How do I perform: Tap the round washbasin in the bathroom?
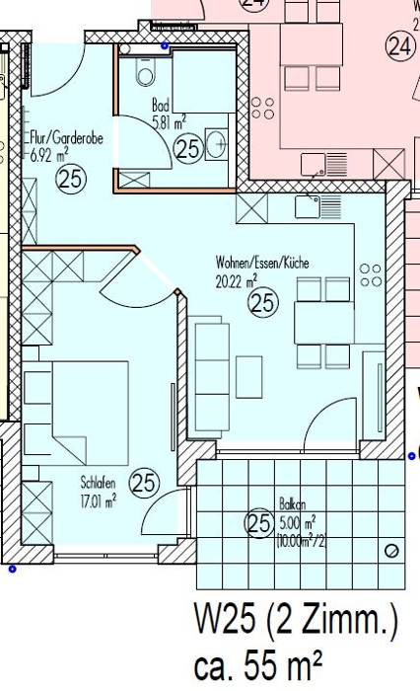218,143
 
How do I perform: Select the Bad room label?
161,105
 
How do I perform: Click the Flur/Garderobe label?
66,138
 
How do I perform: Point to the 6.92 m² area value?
49,155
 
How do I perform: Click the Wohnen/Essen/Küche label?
262,263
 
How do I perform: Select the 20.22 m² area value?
236,280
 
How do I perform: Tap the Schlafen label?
98,482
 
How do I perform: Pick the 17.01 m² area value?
99,501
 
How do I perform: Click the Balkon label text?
293,503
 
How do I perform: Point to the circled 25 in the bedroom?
144,483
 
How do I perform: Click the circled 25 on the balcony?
259,523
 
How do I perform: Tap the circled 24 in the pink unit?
400,46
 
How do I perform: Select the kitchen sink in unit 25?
317,207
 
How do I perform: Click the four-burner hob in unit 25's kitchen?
371,275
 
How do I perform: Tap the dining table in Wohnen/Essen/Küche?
324,323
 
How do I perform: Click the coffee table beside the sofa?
249,377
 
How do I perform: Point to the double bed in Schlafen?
91,412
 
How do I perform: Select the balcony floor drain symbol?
391,551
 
